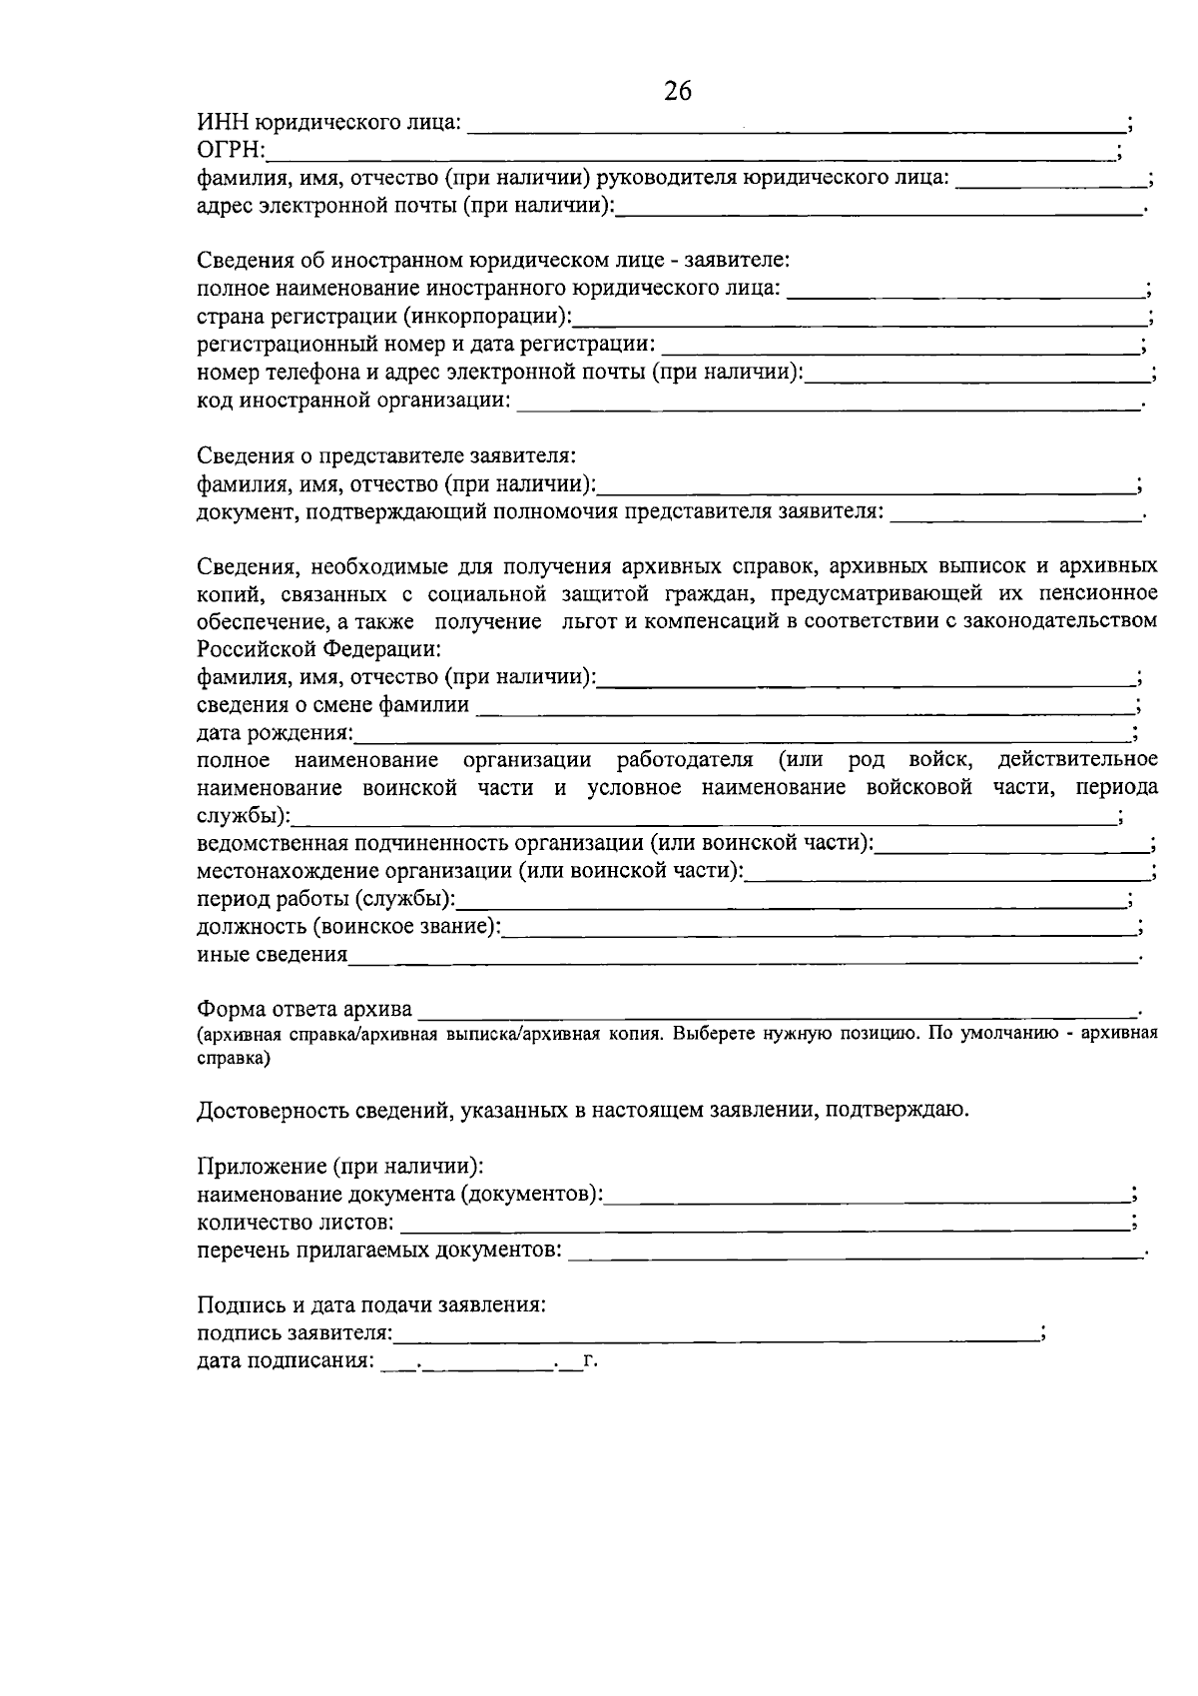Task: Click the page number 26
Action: point(678,91)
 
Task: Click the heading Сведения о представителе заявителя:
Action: point(385,456)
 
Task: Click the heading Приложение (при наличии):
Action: point(340,1167)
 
